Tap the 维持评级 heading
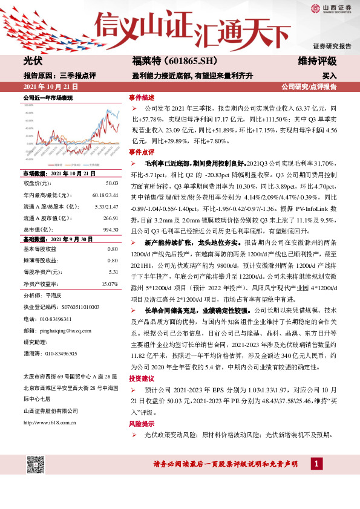[317, 61]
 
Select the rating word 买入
[329, 76]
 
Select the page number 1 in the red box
[315, 463]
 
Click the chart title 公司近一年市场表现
[48, 97]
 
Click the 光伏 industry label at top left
[32, 61]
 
